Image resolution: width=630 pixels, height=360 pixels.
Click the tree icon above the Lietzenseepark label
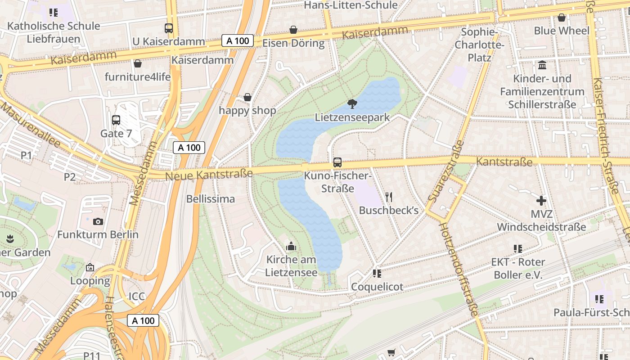pyautogui.click(x=352, y=104)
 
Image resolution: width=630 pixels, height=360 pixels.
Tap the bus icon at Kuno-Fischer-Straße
pyautogui.click(x=337, y=162)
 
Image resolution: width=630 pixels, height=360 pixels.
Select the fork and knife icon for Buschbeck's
pyautogui.click(x=389, y=197)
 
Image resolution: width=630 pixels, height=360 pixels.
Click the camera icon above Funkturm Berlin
pyautogui.click(x=98, y=221)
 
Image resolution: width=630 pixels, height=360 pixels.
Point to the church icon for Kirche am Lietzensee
pyautogui.click(x=291, y=246)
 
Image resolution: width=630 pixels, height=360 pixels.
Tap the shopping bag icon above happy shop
pyautogui.click(x=247, y=97)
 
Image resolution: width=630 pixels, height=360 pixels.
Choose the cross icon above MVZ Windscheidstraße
pyautogui.click(x=541, y=201)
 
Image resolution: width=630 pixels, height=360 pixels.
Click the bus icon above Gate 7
pyautogui.click(x=116, y=120)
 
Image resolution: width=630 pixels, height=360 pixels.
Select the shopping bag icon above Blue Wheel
pyautogui.click(x=561, y=18)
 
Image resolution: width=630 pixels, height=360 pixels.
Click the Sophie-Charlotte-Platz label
pyautogui.click(x=479, y=45)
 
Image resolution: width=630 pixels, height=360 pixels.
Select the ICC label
pyautogui.click(x=137, y=296)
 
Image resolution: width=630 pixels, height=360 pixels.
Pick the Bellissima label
pyautogui.click(x=210, y=199)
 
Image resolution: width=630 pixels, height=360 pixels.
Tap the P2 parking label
pyautogui.click(x=69, y=177)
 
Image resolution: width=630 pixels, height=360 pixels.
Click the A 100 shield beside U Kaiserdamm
pyautogui.click(x=238, y=40)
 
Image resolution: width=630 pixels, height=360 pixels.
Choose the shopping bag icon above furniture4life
pyautogui.click(x=138, y=63)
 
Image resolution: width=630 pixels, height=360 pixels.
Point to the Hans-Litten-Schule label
pyautogui.click(x=351, y=5)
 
